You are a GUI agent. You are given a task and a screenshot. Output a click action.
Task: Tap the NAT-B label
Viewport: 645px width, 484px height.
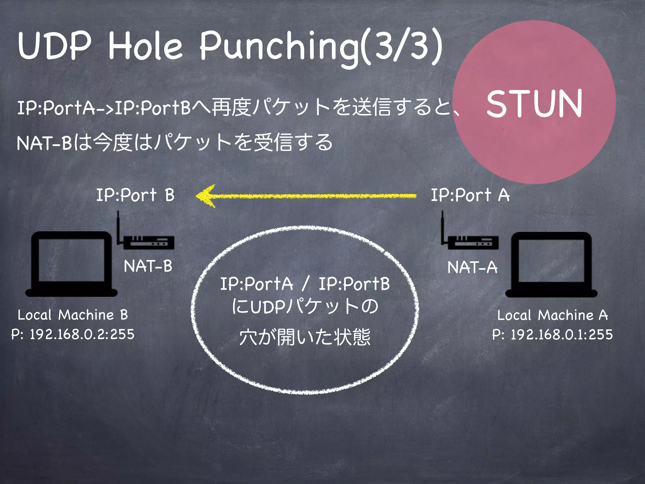tap(148, 266)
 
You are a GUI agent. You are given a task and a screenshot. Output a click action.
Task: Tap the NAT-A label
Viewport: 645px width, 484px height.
tap(472, 268)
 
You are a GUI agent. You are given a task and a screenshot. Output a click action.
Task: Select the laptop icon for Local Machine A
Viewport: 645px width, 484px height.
tap(551, 265)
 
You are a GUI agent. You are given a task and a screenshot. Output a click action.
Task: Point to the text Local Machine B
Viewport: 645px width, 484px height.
tap(73, 315)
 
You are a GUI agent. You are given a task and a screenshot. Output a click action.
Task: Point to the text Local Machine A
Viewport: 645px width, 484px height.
tap(552, 315)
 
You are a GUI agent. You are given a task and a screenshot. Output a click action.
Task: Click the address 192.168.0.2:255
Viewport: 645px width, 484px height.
tap(82, 334)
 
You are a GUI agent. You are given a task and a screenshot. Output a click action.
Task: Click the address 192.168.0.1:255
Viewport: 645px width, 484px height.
tap(562, 335)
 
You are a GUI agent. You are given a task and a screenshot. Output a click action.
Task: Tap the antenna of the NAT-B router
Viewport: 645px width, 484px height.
tap(118, 227)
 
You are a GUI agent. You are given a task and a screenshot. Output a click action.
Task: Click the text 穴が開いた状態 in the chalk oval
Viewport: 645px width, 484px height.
tap(305, 337)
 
